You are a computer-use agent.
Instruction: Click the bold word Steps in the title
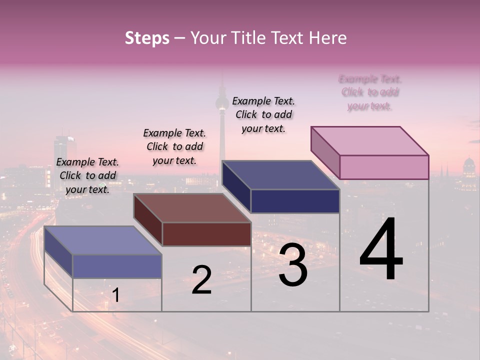tap(147, 38)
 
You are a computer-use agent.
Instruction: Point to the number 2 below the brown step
tap(201, 280)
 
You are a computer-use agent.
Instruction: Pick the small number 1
tap(115, 295)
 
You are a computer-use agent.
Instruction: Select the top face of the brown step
tap(192, 208)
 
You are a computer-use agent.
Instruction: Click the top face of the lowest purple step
tap(102, 240)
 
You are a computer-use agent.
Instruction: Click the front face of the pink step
tap(384, 167)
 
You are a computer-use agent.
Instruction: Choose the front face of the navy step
tap(295, 201)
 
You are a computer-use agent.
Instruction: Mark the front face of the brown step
tap(206, 234)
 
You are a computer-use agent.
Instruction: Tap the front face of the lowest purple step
tap(117, 266)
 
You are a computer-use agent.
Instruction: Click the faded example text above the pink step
tap(370, 92)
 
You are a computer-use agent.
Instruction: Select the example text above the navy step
tap(263, 114)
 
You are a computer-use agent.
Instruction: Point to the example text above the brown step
tap(174, 146)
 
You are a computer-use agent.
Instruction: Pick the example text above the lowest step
tap(87, 175)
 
